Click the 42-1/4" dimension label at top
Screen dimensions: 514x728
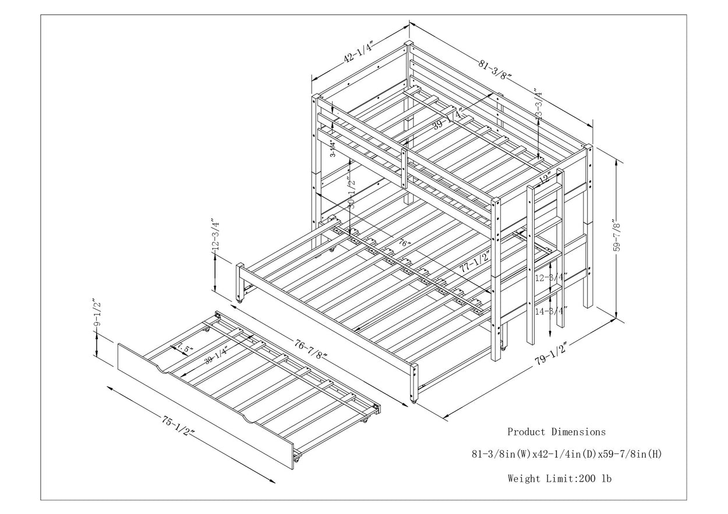pyautogui.click(x=358, y=53)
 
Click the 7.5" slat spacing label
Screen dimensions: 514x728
pyautogui.click(x=185, y=348)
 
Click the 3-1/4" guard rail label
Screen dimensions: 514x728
pyautogui.click(x=332, y=149)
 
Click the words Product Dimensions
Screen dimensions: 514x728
pyautogui.click(x=556, y=432)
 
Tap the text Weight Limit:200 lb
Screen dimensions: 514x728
pyautogui.click(x=559, y=479)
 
